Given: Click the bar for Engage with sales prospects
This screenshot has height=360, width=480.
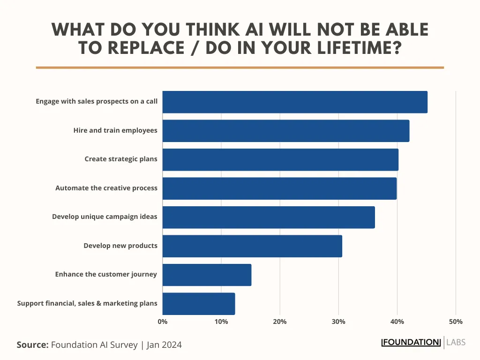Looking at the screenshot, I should (x=295, y=102).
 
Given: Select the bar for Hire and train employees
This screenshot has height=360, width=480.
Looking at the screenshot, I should (x=286, y=131).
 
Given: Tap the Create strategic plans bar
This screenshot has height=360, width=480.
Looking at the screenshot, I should (x=280, y=159).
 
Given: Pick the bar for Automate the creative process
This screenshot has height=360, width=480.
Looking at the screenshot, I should (x=279, y=188).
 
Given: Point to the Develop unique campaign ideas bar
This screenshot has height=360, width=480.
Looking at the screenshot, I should (x=269, y=217).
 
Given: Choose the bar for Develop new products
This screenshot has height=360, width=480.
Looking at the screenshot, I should (x=252, y=246).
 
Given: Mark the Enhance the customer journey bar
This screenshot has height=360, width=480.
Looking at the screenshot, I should (x=207, y=275).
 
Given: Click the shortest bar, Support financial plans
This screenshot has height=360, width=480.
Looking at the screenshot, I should (x=199, y=304).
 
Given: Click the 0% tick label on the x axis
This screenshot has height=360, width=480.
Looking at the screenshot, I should (x=163, y=322).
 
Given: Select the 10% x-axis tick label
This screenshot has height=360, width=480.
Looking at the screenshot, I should (x=221, y=322).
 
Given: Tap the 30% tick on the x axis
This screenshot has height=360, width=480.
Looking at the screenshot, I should (x=338, y=322).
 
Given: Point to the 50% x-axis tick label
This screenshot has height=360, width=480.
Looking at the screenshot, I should (x=456, y=322).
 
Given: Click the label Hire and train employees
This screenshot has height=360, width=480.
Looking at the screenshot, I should (x=115, y=130).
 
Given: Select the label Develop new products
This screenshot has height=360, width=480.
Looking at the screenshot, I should (x=120, y=246).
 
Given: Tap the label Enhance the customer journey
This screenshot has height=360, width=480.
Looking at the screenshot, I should (x=106, y=274).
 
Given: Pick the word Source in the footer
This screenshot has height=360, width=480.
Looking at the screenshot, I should (x=32, y=345).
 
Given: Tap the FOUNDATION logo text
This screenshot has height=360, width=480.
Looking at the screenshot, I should (x=412, y=342).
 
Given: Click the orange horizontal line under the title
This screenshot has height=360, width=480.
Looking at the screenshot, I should (x=240, y=67).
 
